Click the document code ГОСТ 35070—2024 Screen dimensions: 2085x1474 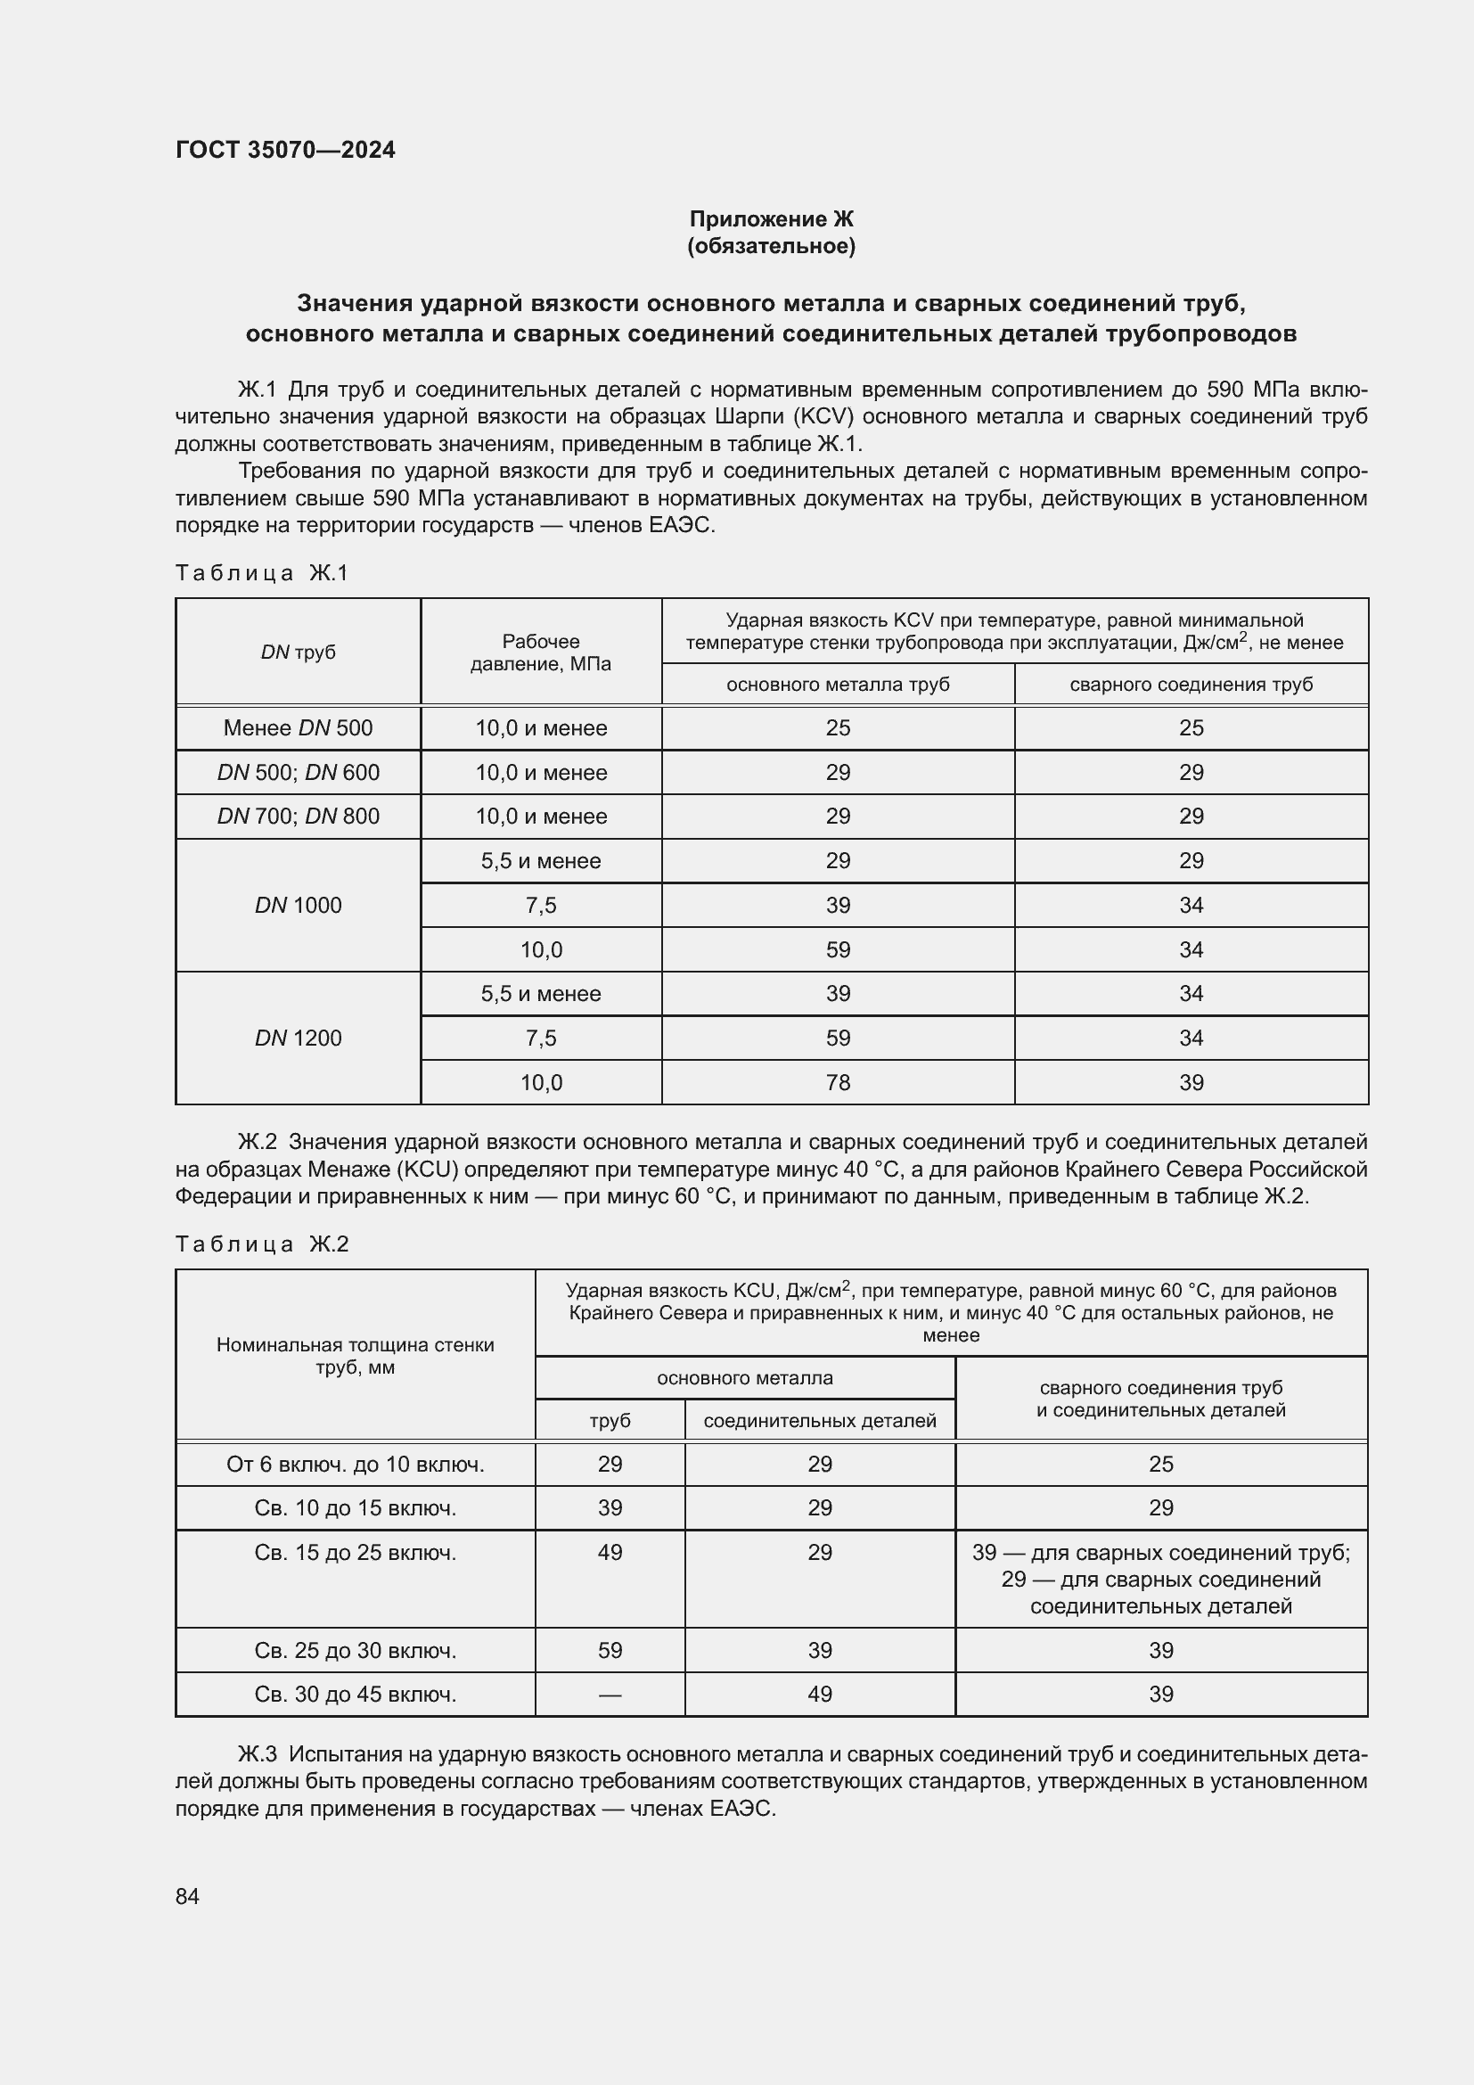[x=285, y=150]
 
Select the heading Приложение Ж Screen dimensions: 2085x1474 [x=771, y=219]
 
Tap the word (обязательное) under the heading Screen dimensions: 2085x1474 [x=771, y=246]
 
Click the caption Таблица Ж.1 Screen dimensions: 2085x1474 [x=261, y=573]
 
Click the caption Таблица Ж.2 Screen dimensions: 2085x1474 [x=261, y=1244]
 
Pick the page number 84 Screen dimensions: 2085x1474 [x=187, y=1896]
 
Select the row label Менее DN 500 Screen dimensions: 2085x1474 [x=298, y=727]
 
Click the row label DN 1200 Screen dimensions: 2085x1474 [x=298, y=1038]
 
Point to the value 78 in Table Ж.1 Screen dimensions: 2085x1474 [x=837, y=1082]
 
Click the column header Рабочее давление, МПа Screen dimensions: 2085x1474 [x=540, y=652]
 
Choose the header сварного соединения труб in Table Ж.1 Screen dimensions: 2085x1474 [x=1190, y=684]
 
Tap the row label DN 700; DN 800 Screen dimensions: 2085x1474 [x=298, y=817]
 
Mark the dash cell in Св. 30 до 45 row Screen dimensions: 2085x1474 [x=609, y=1695]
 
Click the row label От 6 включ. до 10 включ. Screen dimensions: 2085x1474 [x=355, y=1464]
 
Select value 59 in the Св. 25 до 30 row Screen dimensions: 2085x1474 [x=609, y=1650]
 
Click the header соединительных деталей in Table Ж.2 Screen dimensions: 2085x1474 [x=819, y=1420]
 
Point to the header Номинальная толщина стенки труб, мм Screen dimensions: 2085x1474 [x=355, y=1356]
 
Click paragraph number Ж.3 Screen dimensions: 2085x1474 [x=257, y=1754]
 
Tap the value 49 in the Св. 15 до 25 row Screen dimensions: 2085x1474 [x=609, y=1552]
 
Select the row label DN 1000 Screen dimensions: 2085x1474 [x=298, y=906]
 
